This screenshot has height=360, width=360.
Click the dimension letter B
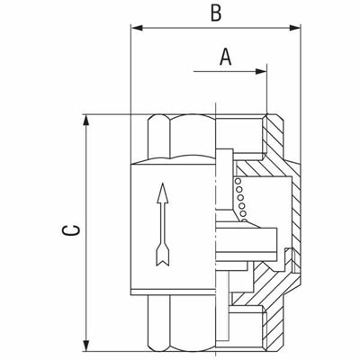216,13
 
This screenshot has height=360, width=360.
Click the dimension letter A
226,57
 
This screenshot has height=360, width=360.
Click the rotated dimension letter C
71,230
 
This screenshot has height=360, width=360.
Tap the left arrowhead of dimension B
137,28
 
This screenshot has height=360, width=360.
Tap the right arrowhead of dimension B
294,28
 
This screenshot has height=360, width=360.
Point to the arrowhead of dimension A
261,71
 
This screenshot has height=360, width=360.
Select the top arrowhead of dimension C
86,121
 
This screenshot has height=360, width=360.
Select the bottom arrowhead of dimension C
86,346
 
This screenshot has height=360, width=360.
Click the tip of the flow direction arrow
162,183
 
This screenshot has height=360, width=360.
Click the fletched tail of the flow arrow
163,255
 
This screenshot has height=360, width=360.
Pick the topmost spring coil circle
238,182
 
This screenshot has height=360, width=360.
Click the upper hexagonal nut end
182,139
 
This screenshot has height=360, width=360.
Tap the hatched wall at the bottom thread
274,330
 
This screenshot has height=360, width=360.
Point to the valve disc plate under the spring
247,240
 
